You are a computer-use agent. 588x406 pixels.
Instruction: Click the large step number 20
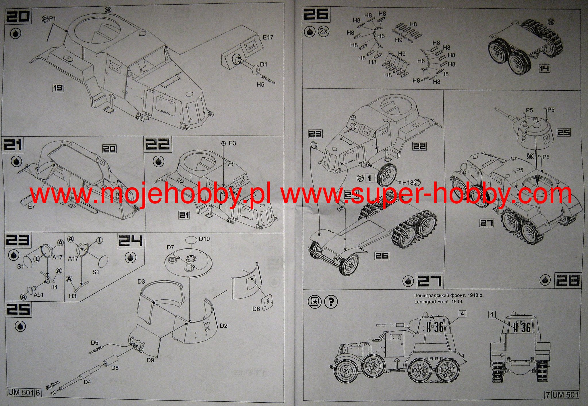point(18,16)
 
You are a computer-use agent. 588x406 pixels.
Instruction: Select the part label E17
point(268,37)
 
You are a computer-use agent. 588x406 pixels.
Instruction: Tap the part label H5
point(260,85)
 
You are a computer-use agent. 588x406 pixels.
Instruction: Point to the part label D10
point(204,239)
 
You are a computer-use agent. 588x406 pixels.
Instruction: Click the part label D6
point(256,309)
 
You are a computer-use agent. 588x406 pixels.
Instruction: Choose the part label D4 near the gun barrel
point(87,382)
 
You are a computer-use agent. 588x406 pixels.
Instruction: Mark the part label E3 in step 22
point(232,143)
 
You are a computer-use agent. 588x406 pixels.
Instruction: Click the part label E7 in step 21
point(31,207)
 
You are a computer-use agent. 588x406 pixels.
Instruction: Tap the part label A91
point(38,295)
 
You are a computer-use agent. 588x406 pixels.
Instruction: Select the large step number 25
point(18,310)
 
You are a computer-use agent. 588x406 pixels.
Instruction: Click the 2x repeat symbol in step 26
point(323,32)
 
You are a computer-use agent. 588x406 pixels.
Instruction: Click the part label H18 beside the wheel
point(408,183)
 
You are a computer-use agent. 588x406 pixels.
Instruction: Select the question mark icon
point(331,302)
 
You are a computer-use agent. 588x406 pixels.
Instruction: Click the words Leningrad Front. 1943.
point(438,302)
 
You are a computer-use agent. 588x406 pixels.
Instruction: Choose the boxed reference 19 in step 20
point(58,88)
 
